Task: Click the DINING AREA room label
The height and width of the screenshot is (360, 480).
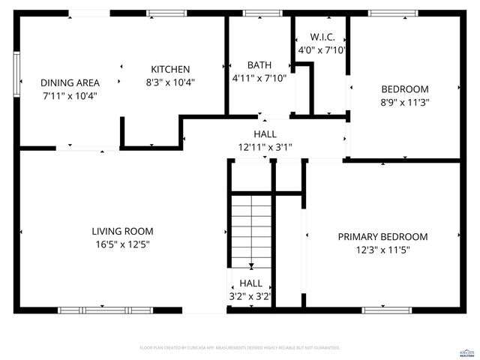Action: click(x=69, y=83)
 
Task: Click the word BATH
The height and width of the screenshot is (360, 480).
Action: click(x=259, y=65)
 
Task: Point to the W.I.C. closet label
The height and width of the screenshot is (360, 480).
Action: click(x=322, y=37)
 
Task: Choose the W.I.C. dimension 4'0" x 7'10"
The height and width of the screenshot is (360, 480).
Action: click(x=322, y=49)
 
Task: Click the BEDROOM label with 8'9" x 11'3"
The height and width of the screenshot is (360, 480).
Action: click(x=405, y=88)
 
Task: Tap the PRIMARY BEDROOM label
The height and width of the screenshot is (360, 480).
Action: click(x=382, y=237)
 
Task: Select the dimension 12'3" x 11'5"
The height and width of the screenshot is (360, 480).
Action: click(x=382, y=250)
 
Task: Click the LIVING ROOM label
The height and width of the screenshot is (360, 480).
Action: click(x=122, y=231)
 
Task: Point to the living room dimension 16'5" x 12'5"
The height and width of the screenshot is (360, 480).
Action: click(x=122, y=244)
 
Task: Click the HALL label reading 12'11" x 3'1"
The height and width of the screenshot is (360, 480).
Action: click(x=265, y=134)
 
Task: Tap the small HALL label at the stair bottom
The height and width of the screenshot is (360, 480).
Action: click(x=250, y=283)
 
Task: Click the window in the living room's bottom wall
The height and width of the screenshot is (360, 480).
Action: click(x=105, y=310)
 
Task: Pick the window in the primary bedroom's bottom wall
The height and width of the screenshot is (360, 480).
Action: click(x=386, y=310)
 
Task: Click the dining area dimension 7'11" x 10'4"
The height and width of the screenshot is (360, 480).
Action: click(x=69, y=96)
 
